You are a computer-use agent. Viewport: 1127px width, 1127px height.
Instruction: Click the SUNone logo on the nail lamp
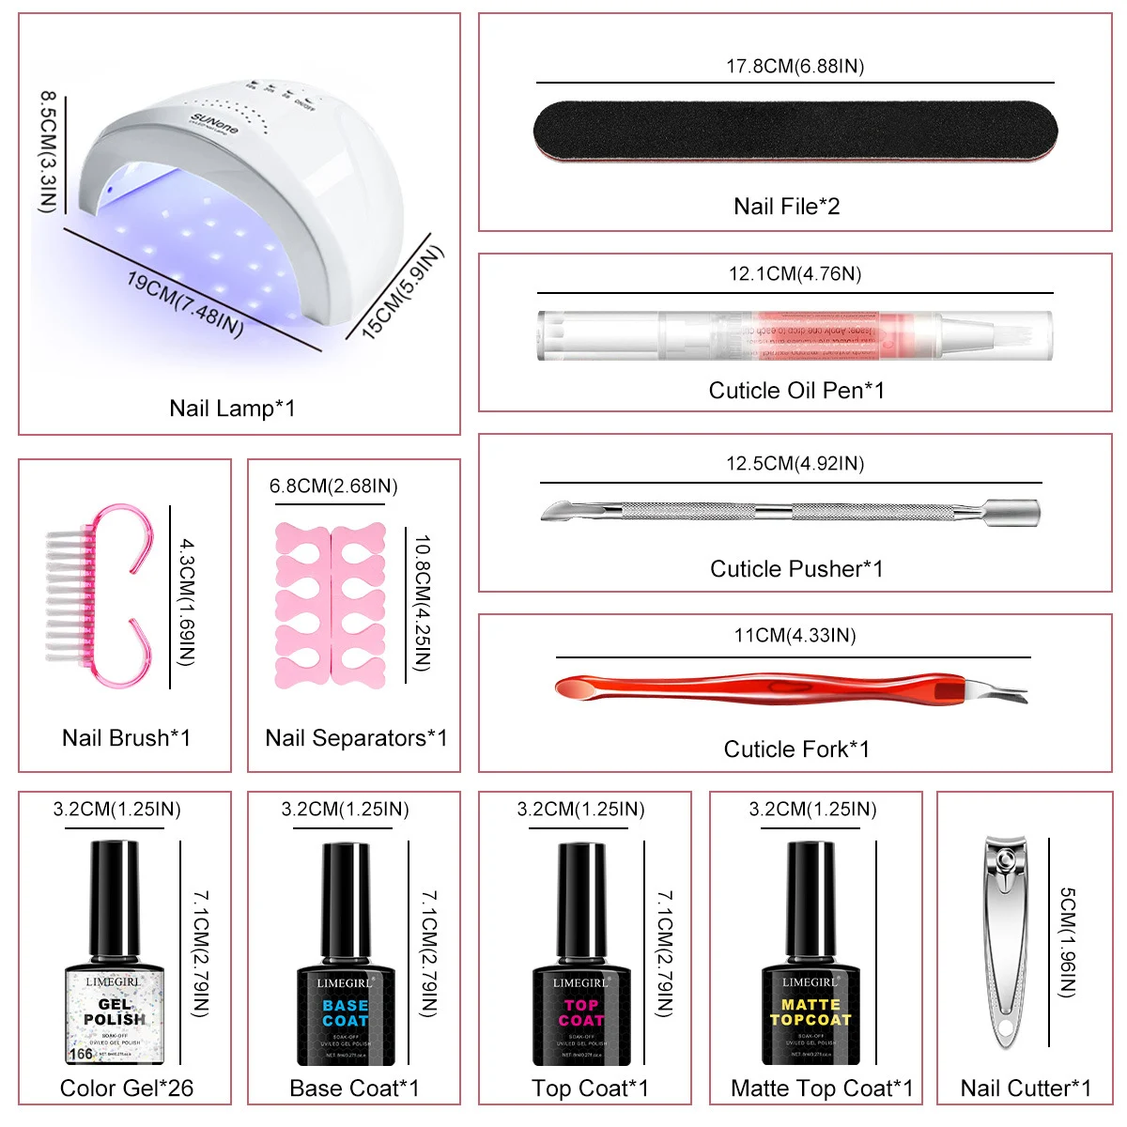pyautogui.click(x=214, y=123)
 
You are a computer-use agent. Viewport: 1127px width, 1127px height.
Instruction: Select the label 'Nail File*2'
pyautogui.click(x=786, y=207)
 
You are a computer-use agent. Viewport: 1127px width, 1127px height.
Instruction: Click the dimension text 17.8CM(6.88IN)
pyautogui.click(x=795, y=66)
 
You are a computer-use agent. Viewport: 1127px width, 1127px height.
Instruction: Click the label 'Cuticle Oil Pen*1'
pyautogui.click(x=795, y=391)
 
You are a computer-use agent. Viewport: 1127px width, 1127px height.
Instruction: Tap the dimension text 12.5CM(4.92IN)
pyautogui.click(x=795, y=463)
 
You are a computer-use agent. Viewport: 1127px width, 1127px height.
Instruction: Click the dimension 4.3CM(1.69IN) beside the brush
pyautogui.click(x=187, y=602)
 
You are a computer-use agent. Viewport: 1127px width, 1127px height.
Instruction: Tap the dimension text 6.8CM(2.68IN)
pyautogui.click(x=333, y=486)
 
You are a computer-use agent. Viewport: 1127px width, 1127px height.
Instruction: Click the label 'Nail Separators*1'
pyautogui.click(x=356, y=738)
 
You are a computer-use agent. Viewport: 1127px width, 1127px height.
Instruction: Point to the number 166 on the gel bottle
pyautogui.click(x=81, y=1054)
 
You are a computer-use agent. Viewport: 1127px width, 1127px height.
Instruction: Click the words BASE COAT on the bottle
pyautogui.click(x=345, y=1012)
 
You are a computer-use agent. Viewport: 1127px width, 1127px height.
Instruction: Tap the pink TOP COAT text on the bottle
pyautogui.click(x=581, y=1012)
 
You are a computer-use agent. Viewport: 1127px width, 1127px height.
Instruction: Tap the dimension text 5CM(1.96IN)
pyautogui.click(x=1068, y=942)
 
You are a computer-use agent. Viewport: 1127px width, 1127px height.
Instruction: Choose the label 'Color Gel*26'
pyautogui.click(x=126, y=1088)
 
